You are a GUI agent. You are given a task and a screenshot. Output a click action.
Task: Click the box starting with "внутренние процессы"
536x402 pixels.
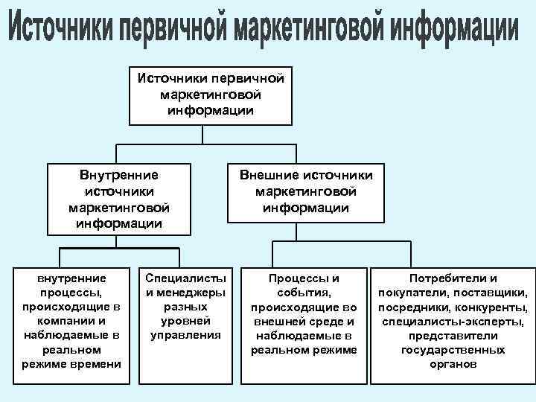(x=72, y=320)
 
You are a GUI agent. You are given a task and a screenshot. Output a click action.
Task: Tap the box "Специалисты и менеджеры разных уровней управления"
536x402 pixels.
(x=185, y=306)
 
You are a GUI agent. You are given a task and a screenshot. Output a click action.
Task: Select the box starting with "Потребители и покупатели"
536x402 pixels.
(x=453, y=321)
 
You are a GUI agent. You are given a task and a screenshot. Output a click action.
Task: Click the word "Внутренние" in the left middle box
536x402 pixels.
(x=119, y=176)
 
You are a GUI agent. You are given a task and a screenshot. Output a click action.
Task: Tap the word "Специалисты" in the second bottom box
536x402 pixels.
(x=185, y=278)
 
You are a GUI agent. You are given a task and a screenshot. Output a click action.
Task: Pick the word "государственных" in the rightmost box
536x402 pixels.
(x=453, y=350)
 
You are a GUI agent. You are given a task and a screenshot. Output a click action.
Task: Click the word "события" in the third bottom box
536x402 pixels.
(x=304, y=292)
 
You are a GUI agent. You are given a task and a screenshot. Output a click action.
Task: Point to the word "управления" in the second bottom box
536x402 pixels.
(x=185, y=335)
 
